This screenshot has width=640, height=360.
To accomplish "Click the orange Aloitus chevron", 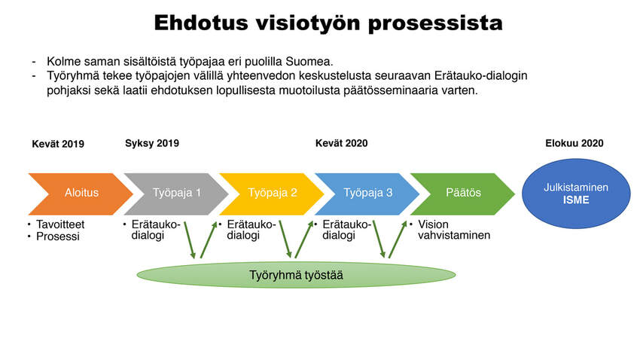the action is pos(81,194).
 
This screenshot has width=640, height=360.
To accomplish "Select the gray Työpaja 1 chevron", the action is pos(176,194).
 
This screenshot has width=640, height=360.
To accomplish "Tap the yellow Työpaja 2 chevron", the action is pos(272,194).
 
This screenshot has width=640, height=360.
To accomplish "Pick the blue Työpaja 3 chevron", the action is pos(367,194).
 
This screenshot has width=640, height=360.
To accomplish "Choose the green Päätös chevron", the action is pos(463,194).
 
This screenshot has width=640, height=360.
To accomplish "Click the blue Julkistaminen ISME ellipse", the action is pos(576,194).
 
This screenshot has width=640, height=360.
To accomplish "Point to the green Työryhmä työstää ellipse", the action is pos(296,275).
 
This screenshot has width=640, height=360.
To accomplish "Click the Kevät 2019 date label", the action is pos(58,144).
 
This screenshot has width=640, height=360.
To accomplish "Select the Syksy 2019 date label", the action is pos(152,144).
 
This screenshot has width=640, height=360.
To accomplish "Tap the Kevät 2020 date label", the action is pos(341,143).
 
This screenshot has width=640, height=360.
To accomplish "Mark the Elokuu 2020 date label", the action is pos(574,143).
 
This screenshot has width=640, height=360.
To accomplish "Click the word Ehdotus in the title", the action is pos(201,23).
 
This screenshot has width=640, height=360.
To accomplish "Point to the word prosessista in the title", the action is pos(435,23).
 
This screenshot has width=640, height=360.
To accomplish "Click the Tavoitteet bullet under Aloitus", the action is pos(60,224).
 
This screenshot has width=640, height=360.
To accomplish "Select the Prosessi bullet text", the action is pos(57,236).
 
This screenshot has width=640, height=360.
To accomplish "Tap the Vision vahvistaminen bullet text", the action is pos(454,230).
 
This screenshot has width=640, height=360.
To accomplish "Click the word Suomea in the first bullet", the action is pos(309,62).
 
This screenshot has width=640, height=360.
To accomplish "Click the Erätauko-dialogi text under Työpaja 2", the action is pos(251,230).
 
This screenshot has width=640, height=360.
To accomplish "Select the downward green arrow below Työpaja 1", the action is pos(190,240).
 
